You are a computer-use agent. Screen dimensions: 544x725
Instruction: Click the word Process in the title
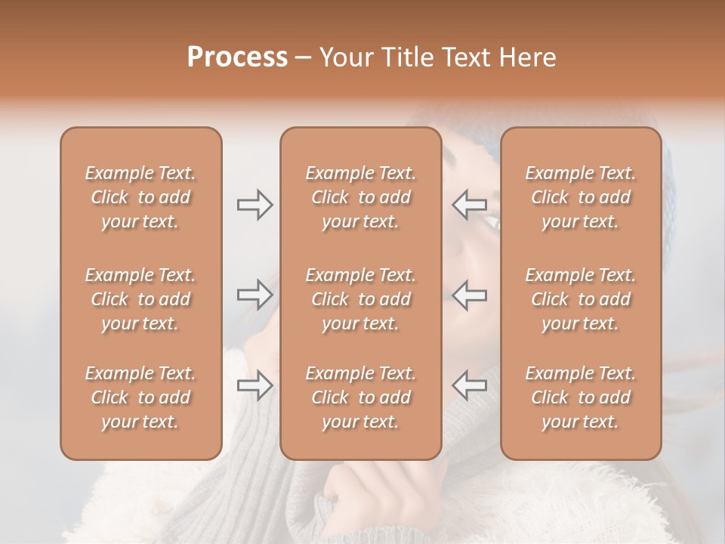tap(237, 57)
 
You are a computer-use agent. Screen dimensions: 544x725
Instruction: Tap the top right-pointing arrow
tap(255, 205)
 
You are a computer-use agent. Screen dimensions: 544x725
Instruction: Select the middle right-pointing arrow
tap(255, 295)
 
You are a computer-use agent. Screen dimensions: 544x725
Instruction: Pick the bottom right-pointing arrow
tap(255, 385)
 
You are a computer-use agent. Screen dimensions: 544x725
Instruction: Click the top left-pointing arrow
tap(470, 205)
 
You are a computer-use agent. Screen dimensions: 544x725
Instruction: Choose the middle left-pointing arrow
tap(470, 295)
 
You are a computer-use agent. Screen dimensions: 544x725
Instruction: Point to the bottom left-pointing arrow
tap(470, 385)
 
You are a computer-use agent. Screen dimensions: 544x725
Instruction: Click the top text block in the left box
tap(140, 197)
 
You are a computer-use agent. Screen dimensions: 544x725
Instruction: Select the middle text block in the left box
tap(140, 299)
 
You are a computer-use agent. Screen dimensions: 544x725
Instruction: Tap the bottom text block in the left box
tap(140, 397)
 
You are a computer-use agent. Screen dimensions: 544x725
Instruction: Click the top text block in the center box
tap(360, 197)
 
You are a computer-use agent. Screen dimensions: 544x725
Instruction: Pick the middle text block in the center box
tap(360, 299)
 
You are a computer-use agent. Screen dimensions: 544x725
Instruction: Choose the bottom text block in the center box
tap(360, 397)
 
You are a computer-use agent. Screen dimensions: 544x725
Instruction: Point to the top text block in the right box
tap(580, 197)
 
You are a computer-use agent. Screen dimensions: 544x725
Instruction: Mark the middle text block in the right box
tap(580, 299)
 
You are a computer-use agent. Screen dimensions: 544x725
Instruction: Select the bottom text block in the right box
tap(580, 397)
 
